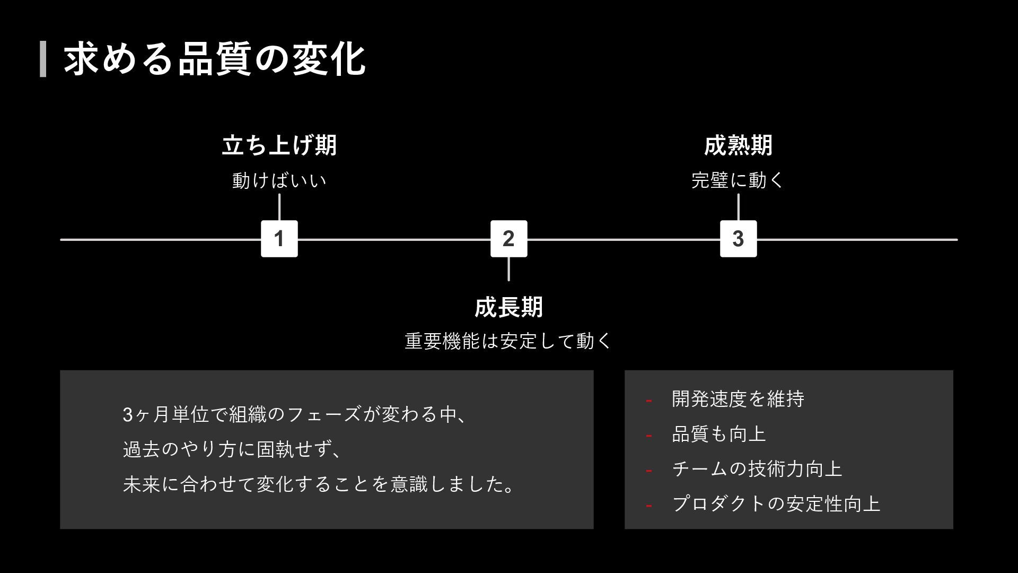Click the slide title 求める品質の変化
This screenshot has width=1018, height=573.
pyautogui.click(x=214, y=58)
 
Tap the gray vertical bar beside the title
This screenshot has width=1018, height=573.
pyautogui.click(x=43, y=59)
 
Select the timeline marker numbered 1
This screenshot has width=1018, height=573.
pyautogui.click(x=279, y=239)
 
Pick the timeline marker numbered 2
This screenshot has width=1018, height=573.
pyautogui.click(x=508, y=239)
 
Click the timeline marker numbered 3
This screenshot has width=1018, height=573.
pyautogui.click(x=738, y=239)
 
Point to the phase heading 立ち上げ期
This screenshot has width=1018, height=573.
pyautogui.click(x=279, y=145)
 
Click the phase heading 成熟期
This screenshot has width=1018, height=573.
pyautogui.click(x=738, y=145)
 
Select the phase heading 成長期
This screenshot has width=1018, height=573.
pyautogui.click(x=508, y=307)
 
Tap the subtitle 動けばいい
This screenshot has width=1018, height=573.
pyautogui.click(x=279, y=180)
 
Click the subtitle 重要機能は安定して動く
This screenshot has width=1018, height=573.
pyautogui.click(x=508, y=341)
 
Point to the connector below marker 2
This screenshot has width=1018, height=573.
pyautogui.click(x=508, y=269)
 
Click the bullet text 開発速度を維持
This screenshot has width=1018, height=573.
pyautogui.click(x=738, y=399)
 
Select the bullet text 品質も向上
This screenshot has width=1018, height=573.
pyautogui.click(x=719, y=434)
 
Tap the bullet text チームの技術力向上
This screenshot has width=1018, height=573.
pyautogui.click(x=757, y=469)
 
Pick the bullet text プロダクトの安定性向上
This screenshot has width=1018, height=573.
pyautogui.click(x=776, y=503)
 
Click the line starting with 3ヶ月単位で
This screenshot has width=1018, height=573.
pyautogui.click(x=295, y=414)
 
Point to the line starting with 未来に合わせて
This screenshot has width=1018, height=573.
pyautogui.click(x=318, y=484)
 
